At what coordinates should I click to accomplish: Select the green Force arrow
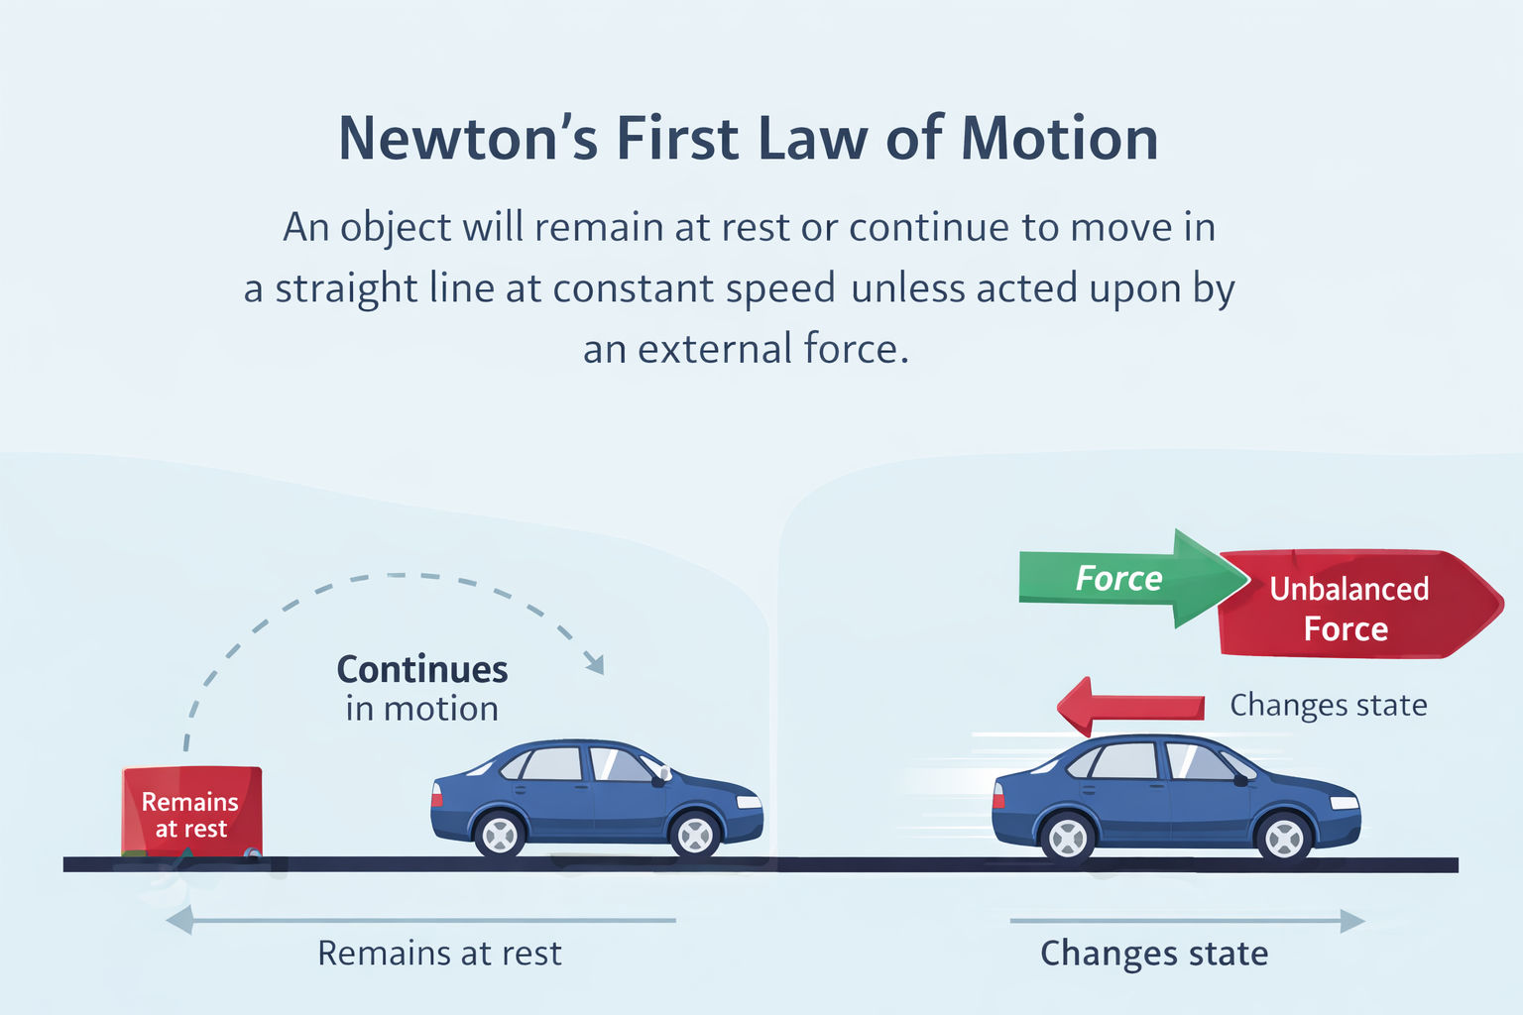point(1120,579)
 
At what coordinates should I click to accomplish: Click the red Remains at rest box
point(192,811)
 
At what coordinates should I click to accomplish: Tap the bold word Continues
point(422,670)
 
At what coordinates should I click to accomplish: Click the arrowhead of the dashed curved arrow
point(594,663)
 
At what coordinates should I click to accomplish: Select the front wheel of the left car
point(695,836)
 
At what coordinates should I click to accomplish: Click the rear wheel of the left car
point(500,836)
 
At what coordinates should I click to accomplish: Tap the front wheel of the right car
point(1285,840)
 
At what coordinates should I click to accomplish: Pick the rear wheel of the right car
point(1068,839)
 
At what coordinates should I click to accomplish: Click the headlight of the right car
point(1344,802)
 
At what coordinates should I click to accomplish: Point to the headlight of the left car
point(749,801)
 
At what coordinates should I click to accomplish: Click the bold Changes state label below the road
point(1154,954)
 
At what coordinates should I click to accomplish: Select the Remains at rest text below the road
point(439,954)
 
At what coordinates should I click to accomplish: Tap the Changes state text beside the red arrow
point(1329,705)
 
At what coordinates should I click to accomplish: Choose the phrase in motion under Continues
point(422,709)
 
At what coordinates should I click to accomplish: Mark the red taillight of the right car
point(998,795)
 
